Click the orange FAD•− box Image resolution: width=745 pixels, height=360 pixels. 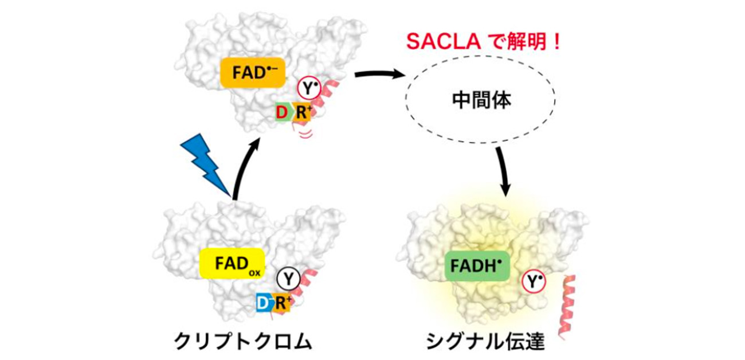tap(253, 72)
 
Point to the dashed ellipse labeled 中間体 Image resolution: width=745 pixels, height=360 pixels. tap(480, 101)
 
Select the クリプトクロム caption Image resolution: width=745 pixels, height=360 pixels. tap(243, 342)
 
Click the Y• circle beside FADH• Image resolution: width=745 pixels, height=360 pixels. tap(532, 282)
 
